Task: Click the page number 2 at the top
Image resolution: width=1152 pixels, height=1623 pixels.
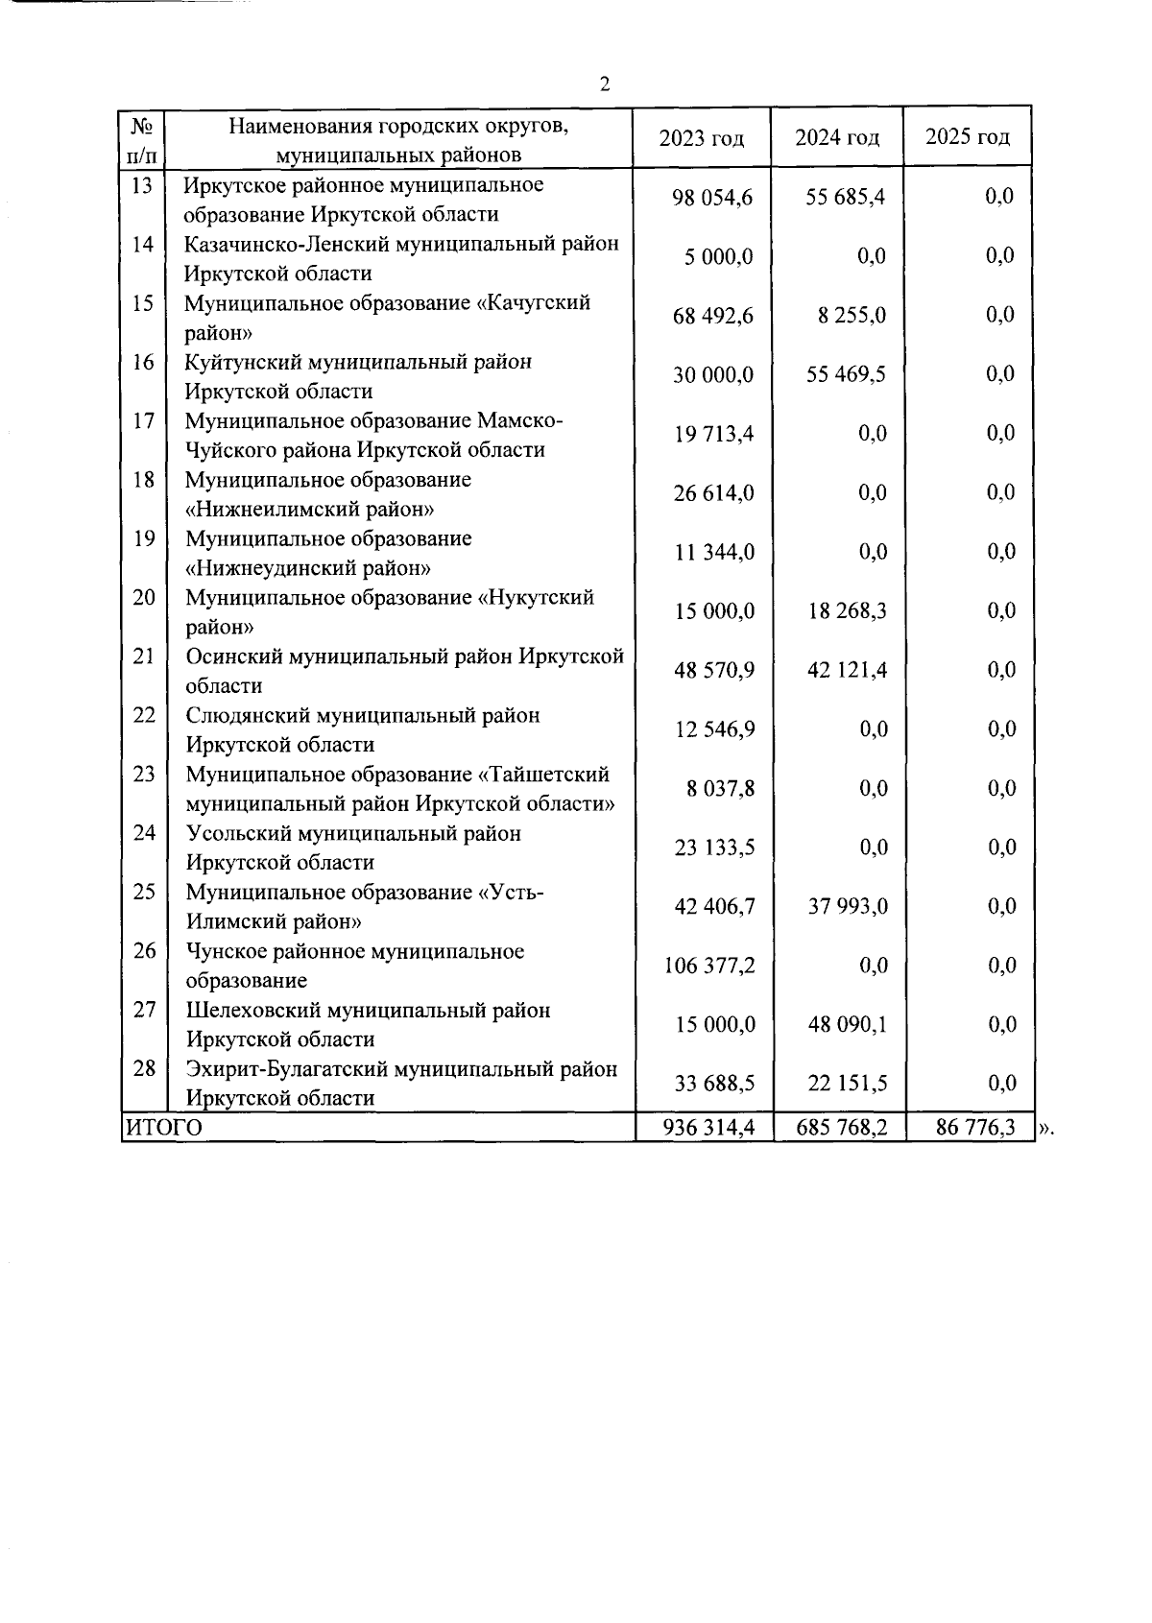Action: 605,84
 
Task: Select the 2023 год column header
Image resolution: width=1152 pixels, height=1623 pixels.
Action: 702,138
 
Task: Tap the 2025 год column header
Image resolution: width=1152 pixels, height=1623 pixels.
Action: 967,137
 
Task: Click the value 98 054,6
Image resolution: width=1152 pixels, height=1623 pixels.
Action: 712,198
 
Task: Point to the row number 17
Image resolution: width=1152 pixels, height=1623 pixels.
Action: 143,420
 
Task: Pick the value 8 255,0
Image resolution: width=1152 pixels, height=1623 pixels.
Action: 852,316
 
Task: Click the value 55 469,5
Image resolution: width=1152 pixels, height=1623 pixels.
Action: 846,374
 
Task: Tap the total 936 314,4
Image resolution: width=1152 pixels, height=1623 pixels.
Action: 708,1128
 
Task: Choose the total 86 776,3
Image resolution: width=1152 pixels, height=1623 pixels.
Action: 975,1128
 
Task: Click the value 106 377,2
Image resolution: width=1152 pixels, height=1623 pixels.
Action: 709,966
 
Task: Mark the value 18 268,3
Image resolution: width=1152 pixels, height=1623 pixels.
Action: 846,611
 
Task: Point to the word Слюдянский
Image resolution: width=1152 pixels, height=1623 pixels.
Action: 247,716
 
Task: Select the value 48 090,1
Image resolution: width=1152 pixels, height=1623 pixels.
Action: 847,1025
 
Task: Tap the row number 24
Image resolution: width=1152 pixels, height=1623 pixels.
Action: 144,833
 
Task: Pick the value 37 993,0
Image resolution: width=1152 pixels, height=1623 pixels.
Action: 847,907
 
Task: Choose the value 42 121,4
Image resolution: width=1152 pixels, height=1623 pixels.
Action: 846,670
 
